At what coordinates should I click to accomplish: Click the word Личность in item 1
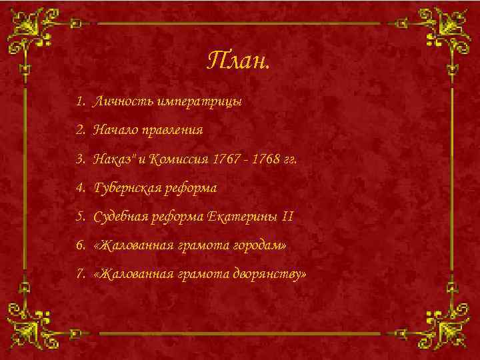(124, 102)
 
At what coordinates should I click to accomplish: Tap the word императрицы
(199, 102)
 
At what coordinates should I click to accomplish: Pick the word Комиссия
(177, 159)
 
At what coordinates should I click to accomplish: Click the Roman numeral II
(287, 217)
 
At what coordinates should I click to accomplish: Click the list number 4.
(80, 188)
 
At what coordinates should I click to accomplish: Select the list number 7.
(80, 274)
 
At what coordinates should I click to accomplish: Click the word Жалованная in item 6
(134, 245)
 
